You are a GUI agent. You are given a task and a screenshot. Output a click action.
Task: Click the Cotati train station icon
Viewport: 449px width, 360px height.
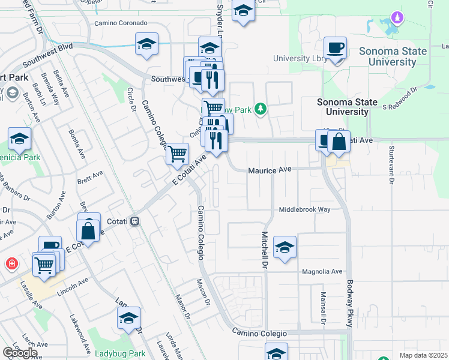[135, 221]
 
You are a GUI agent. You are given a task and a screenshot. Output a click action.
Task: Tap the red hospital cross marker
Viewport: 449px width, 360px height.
[11, 263]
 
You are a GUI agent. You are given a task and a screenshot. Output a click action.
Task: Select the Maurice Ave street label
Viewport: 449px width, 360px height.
[270, 170]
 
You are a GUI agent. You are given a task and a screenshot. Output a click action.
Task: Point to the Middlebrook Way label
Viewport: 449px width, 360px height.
[304, 210]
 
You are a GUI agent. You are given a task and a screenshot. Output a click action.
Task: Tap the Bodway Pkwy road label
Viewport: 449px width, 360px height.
[350, 304]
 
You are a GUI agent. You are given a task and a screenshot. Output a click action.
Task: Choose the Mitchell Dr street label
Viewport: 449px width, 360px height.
[264, 250]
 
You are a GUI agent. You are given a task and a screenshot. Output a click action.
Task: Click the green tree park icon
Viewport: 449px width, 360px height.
[260, 109]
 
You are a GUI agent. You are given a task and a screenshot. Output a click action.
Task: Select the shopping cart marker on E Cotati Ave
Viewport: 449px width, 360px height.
[177, 154]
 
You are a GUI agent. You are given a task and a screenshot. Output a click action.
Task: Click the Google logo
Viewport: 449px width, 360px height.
[20, 353]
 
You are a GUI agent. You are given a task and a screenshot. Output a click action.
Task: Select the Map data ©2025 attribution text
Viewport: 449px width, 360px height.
[423, 355]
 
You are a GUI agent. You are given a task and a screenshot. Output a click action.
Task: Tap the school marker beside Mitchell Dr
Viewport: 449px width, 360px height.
[285, 247]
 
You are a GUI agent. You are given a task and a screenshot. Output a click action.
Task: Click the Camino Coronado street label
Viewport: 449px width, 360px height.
[121, 23]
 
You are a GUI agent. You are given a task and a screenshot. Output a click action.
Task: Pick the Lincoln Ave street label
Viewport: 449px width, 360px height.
[73, 287]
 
